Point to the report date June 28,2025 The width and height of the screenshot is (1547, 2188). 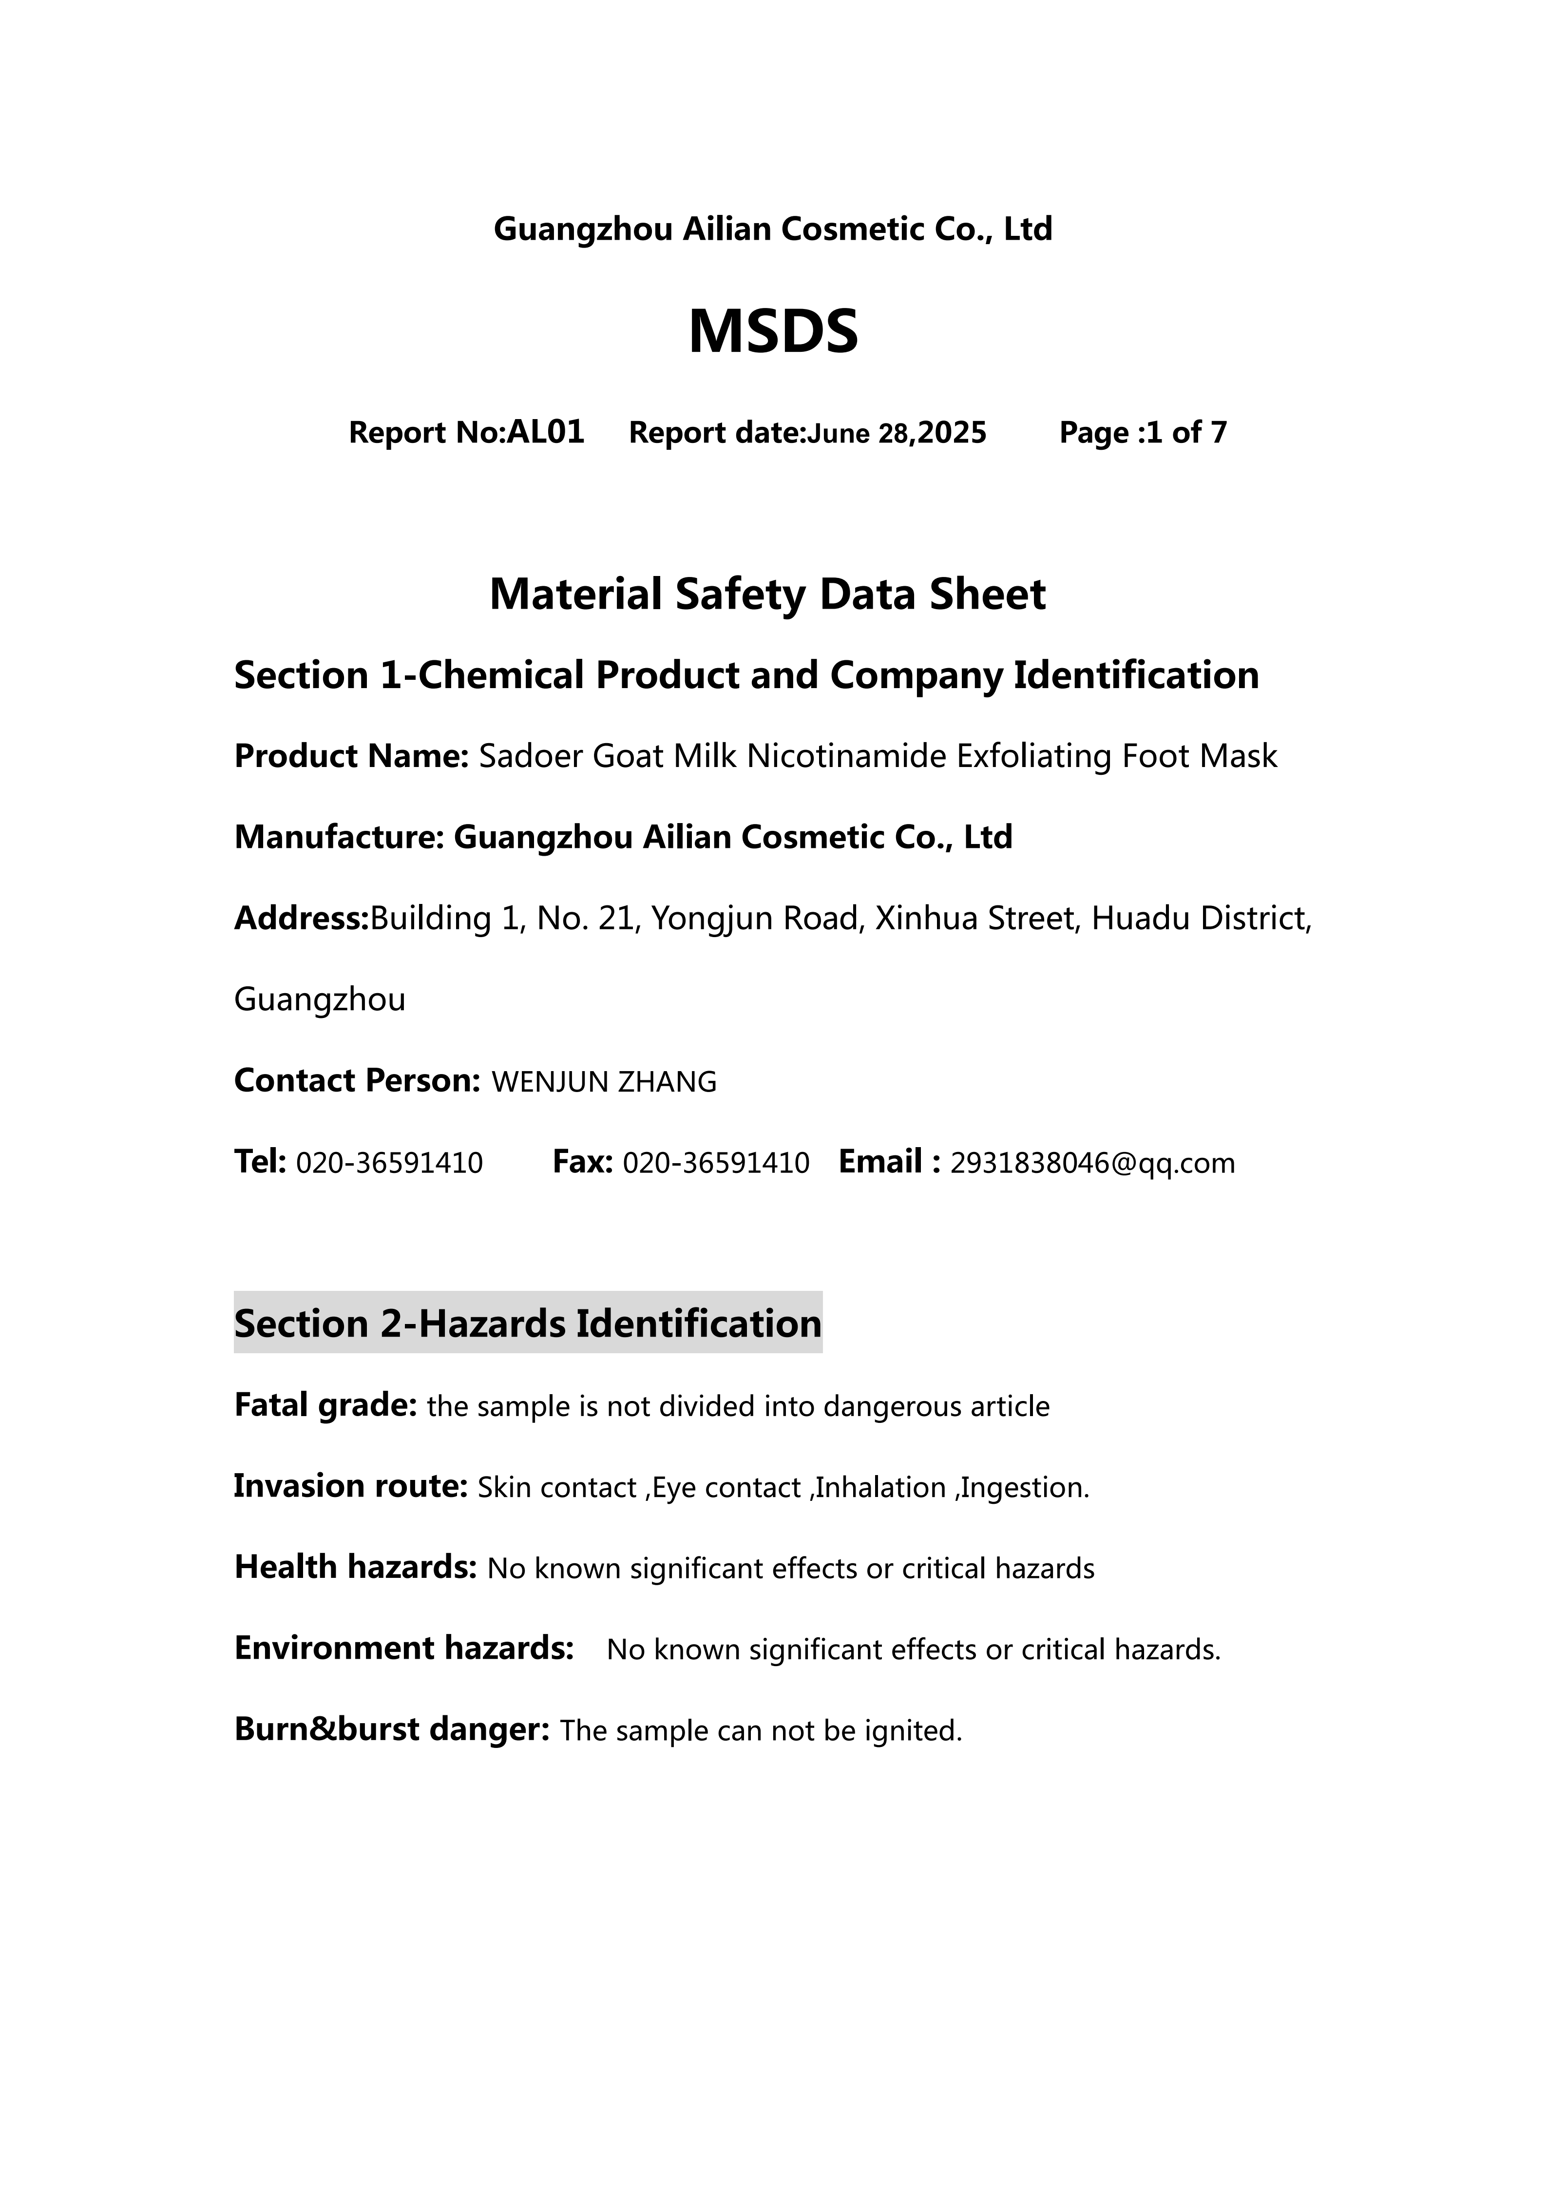tap(897, 434)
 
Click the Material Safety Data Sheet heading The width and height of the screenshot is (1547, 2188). tap(768, 595)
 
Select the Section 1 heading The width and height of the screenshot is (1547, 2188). tap(746, 676)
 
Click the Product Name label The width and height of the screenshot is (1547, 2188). tap(350, 757)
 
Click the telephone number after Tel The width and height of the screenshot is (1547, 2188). tap(390, 1164)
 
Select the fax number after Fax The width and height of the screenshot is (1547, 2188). tap(715, 1164)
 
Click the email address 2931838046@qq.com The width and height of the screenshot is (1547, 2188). tap(1092, 1164)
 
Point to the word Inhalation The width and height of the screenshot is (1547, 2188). tap(880, 1488)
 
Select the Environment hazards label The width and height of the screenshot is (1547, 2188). tap(404, 1649)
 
